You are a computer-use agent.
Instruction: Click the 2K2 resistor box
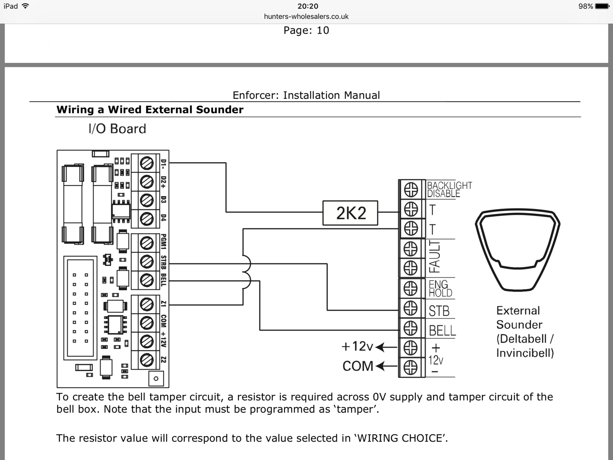(x=350, y=213)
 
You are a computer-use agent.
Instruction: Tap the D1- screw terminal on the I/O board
(x=147, y=163)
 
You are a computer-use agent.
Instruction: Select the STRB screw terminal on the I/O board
(x=147, y=262)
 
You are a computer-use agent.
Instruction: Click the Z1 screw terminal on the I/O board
(x=147, y=304)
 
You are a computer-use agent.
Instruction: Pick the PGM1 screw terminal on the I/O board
(x=147, y=243)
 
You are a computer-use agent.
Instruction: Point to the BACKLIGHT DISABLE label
(x=449, y=189)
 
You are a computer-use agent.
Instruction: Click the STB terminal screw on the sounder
(x=411, y=308)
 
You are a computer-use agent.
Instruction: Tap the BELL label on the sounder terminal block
(x=442, y=330)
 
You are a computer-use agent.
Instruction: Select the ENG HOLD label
(x=440, y=289)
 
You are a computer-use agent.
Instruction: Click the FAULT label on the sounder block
(x=434, y=257)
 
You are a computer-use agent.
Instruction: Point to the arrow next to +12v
(x=386, y=347)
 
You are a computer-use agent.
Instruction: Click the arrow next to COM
(x=386, y=366)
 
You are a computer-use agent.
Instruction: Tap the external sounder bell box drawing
(x=518, y=249)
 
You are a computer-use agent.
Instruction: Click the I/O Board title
(x=117, y=129)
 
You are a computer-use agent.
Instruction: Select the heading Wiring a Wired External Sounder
(x=150, y=110)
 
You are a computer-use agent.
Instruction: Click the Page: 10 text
(x=306, y=31)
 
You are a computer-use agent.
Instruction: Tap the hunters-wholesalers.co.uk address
(x=306, y=16)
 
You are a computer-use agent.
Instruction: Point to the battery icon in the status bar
(x=602, y=6)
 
